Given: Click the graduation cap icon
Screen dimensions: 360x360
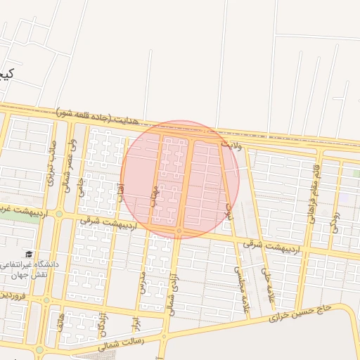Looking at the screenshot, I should (29, 254).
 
